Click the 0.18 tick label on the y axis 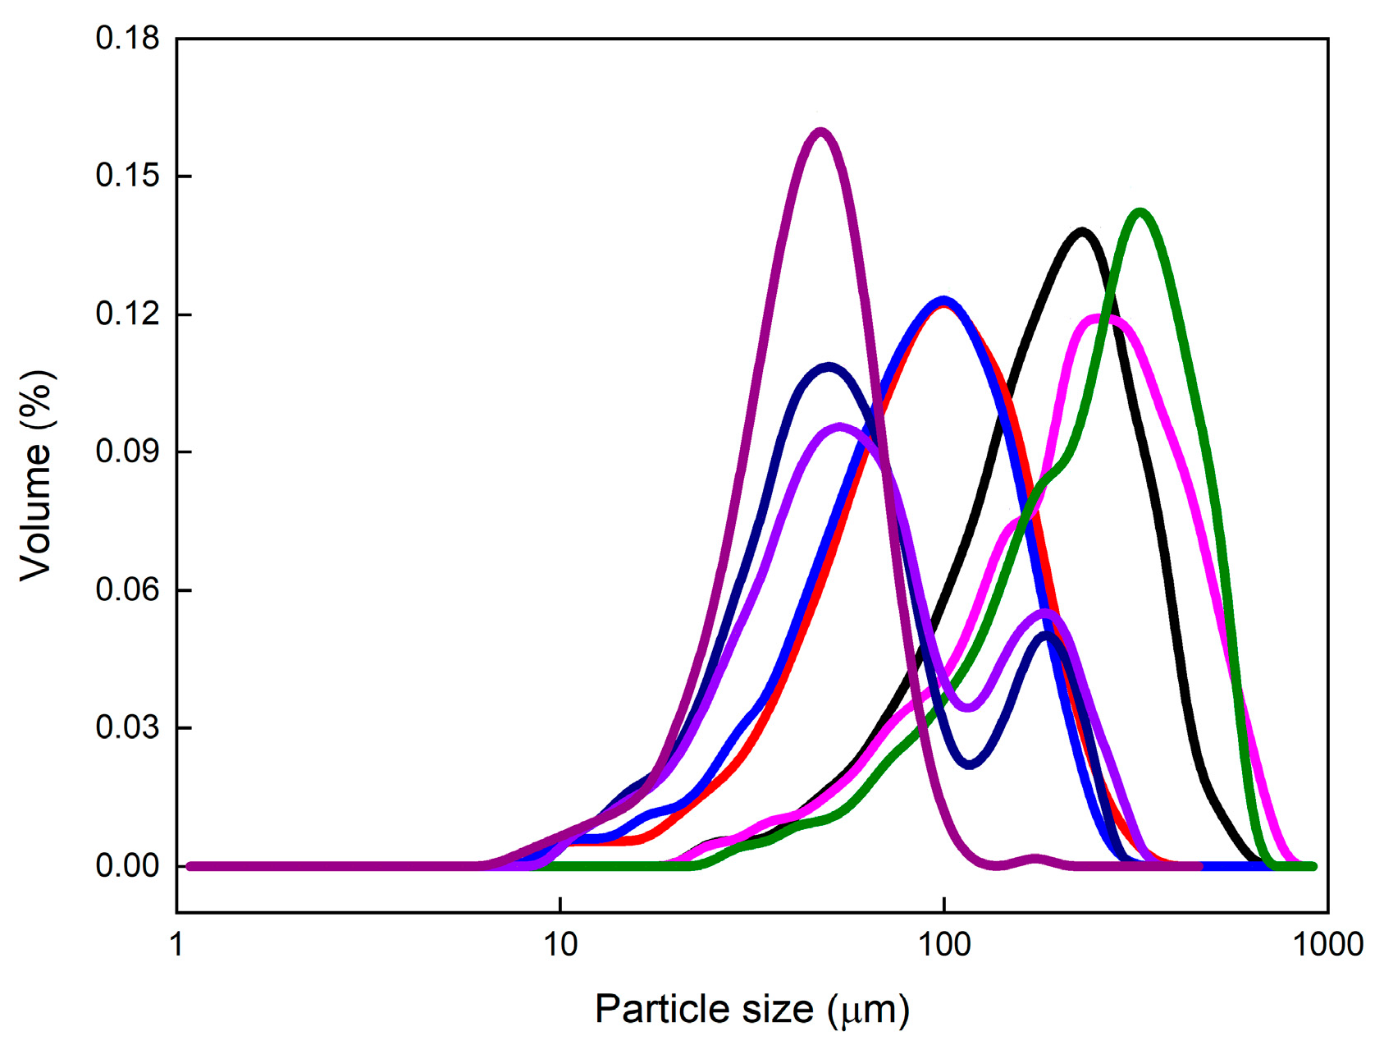tap(127, 39)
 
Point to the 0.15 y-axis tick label tap(127, 177)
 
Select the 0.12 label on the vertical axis tap(127, 314)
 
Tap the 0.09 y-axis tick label tap(127, 452)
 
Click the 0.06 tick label tap(127, 590)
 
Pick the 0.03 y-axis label tap(127, 728)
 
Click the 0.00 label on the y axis tap(127, 866)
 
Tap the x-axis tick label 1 tap(177, 945)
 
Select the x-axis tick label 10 tap(560, 945)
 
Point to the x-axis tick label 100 tap(944, 945)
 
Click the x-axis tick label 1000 tap(1327, 945)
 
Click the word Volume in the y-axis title tap(36, 509)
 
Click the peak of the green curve tap(1140, 212)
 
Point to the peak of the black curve tap(1083, 231)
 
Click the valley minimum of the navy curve tap(970, 765)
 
